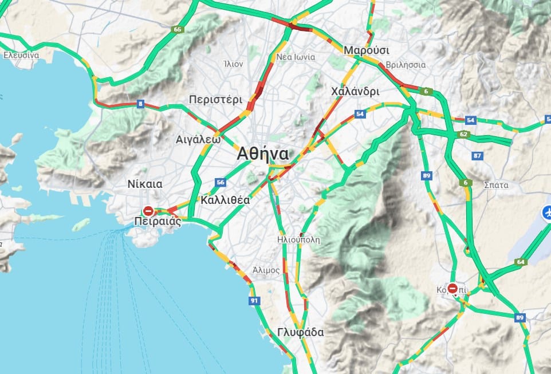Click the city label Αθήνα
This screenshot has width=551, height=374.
pos(263,154)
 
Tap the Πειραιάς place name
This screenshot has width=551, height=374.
pos(158,221)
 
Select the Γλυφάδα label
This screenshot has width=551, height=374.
pos(300,332)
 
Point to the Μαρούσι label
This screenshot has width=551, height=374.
pos(366,50)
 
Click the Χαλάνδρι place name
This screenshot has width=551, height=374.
pos(355,91)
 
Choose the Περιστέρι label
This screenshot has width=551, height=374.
pos(216,99)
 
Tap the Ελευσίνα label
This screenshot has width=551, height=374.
pos(21,56)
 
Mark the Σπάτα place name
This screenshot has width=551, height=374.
pos(496,184)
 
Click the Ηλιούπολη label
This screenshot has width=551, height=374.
pos(298,239)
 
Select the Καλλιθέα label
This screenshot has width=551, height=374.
pos(225,200)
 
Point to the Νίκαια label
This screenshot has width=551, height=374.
pos(144,184)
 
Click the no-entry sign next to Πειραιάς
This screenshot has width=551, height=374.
pos(148,211)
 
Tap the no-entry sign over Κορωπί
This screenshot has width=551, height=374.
pos(452,288)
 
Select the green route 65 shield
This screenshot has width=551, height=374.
pos(178,29)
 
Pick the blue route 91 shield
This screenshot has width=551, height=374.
pos(254,300)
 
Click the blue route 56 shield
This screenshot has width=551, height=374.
pos(221,182)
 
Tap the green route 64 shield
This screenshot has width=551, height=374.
pos(520,262)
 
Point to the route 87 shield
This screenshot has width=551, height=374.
pos(478,156)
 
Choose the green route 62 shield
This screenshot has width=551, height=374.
pos(463,135)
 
